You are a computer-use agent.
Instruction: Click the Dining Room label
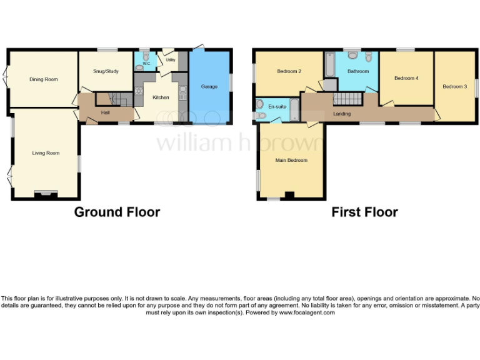click(43, 79)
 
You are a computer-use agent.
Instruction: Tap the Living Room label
click(46, 153)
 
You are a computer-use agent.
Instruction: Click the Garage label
click(209, 86)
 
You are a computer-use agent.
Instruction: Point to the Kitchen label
click(161, 97)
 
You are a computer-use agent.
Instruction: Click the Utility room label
click(170, 60)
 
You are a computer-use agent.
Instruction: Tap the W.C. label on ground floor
click(146, 64)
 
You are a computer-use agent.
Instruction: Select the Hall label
click(106, 112)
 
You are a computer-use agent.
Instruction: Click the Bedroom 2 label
click(289, 71)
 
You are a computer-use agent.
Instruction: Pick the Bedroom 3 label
click(454, 86)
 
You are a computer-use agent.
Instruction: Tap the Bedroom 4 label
click(406, 78)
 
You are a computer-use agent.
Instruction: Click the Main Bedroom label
click(291, 160)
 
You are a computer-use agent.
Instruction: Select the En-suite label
click(277, 107)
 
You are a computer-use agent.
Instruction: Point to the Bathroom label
click(358, 71)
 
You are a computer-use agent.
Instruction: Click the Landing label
click(342, 114)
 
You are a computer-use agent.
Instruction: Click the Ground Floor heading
click(117, 212)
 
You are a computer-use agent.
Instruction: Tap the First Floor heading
click(364, 212)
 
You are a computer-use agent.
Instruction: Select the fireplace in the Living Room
click(45, 194)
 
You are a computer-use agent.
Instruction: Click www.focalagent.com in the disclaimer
click(306, 312)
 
